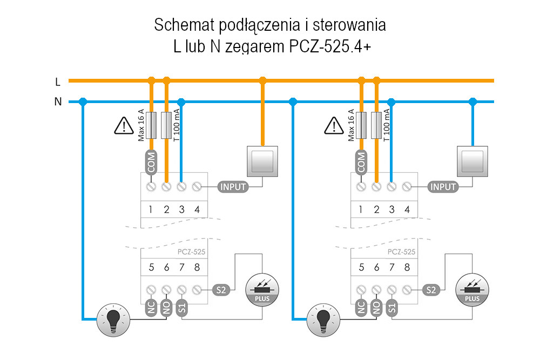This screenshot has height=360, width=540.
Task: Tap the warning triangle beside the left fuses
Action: tap(124, 126)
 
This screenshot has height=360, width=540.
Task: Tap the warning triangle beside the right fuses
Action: tap(334, 126)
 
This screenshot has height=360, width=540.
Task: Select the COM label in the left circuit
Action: tap(151, 161)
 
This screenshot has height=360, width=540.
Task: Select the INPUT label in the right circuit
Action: tap(443, 187)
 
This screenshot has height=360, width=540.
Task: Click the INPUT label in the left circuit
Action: tap(233, 187)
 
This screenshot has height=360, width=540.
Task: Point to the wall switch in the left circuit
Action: tap(262, 161)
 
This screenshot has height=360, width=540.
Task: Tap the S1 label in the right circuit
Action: tap(393, 309)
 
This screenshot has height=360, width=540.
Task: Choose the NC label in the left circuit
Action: tap(152, 309)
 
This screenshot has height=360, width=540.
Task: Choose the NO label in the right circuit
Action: tap(377, 309)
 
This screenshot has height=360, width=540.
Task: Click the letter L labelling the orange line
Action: tap(58, 82)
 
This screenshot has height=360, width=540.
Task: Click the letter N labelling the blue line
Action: tap(58, 101)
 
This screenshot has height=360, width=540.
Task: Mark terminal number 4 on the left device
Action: tap(197, 209)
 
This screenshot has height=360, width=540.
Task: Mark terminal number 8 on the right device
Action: tap(407, 267)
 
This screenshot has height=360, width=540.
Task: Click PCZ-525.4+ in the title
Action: tap(327, 46)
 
